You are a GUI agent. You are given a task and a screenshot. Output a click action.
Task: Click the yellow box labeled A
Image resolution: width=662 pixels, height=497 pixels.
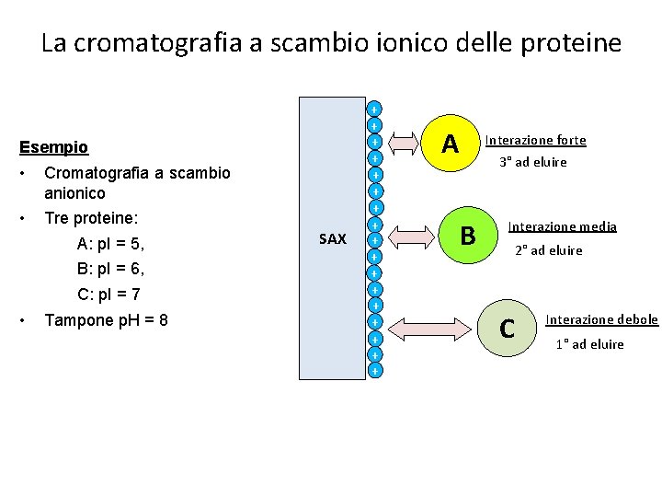pos(450,143)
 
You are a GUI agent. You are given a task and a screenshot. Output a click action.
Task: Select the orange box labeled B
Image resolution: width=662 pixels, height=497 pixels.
pos(467,236)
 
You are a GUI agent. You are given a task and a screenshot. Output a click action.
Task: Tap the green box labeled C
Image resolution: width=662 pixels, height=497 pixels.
pos(505,327)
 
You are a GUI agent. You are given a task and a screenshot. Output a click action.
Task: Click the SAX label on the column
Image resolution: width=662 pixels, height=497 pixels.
pos(332,239)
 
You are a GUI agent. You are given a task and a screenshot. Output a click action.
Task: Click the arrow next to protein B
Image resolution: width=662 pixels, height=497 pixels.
pos(410,236)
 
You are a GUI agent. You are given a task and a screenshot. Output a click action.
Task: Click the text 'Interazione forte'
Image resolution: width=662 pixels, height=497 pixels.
pos(536,141)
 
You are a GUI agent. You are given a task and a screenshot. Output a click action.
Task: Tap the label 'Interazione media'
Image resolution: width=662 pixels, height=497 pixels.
pos(563,226)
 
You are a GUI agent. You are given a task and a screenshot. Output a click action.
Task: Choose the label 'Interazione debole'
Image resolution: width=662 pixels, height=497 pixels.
pos(601,319)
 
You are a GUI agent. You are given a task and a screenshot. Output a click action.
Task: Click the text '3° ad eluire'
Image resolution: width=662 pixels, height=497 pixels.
pos(533,162)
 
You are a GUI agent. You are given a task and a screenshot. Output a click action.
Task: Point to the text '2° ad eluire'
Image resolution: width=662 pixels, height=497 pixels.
pos(548,250)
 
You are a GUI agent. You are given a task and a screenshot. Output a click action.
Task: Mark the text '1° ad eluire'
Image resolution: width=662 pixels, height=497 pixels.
pos(589,344)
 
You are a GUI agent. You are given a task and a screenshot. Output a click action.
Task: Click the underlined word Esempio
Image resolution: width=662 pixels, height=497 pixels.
pos(54,147)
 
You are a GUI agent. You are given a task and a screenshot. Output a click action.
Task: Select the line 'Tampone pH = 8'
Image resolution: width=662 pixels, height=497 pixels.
pos(106,321)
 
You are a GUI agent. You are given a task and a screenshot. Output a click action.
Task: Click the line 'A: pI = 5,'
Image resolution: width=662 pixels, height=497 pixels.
pos(110,245)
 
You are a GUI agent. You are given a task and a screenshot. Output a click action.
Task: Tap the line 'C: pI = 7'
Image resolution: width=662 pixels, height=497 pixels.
pos(108,295)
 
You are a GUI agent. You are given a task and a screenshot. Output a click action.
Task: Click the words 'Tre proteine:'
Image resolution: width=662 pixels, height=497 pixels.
pos(91,219)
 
